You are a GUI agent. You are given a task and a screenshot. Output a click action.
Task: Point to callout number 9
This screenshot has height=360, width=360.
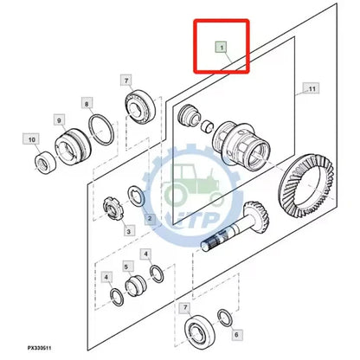click(x=60, y=120)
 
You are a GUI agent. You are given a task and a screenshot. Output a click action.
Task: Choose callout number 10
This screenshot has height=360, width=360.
click(x=30, y=138)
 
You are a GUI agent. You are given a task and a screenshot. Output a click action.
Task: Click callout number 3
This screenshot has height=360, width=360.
click(x=128, y=231)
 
